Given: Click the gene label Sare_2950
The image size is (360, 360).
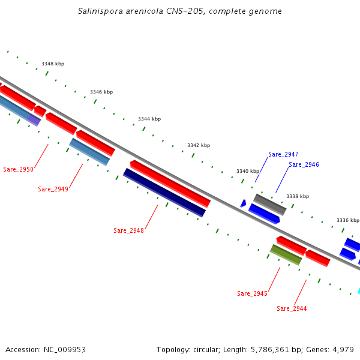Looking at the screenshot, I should (18, 169).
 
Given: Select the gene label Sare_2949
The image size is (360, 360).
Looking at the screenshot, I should (53, 189).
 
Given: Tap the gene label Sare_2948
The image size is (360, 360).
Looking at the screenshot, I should (128, 230).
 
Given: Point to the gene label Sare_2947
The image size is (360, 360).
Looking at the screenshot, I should (283, 154).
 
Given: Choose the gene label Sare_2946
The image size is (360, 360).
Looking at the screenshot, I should (304, 164).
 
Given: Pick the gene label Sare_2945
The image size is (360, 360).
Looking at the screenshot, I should (252, 293).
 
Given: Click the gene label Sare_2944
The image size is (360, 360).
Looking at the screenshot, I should (292, 308).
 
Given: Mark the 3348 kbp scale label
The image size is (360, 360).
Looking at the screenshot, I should (53, 64).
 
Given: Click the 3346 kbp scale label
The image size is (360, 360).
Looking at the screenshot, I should (101, 92).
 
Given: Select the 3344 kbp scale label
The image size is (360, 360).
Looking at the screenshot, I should (149, 119).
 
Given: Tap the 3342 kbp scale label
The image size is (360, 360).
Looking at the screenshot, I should (199, 145).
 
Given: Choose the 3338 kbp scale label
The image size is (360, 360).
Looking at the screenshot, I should (298, 196).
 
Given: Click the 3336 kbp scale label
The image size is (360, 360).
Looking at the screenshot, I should (348, 220).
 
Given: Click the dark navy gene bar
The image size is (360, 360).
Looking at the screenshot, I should (164, 193).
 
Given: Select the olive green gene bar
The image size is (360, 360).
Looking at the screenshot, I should (286, 254).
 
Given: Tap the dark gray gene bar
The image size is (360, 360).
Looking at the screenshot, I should (270, 204).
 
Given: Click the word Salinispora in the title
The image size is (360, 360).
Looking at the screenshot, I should (99, 11).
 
